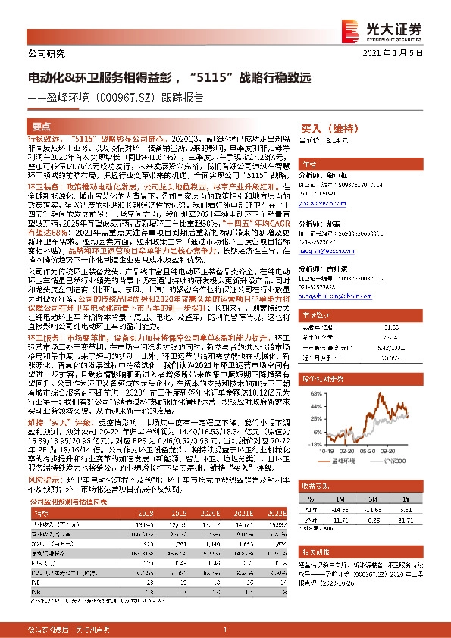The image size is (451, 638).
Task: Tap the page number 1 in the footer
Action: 225,630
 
